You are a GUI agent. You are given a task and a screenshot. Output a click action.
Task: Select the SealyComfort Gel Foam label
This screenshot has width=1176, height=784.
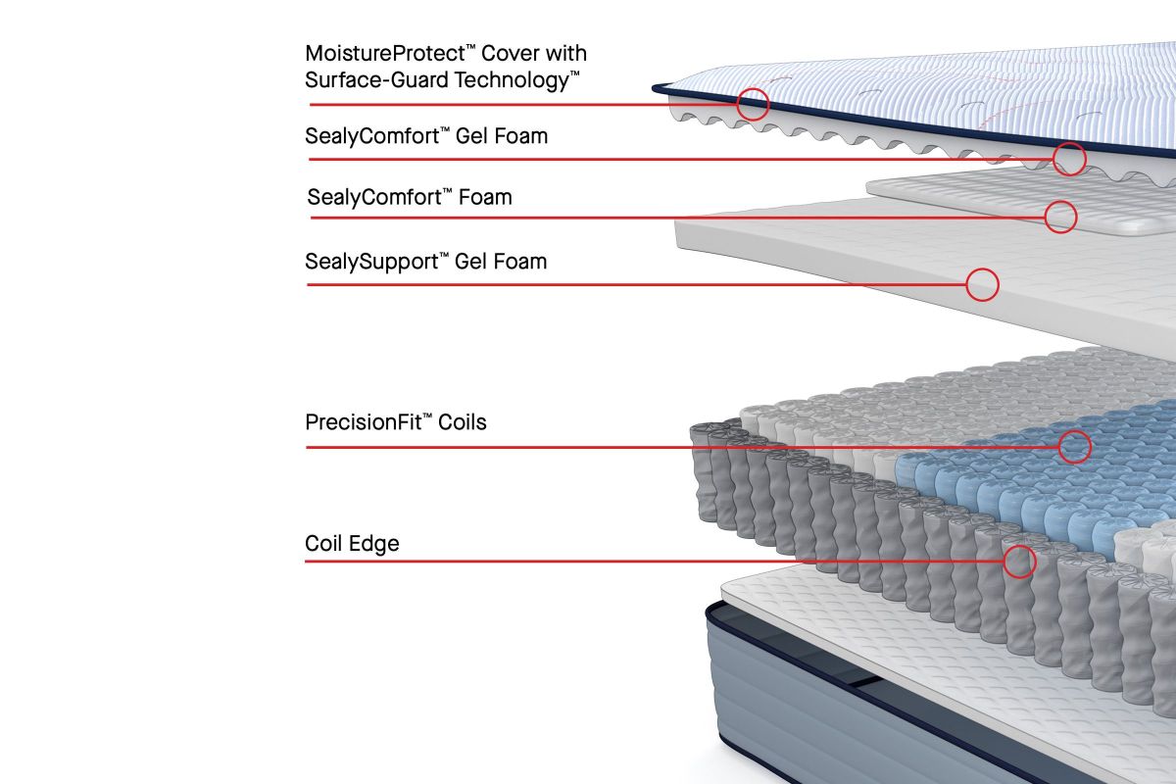(x=426, y=136)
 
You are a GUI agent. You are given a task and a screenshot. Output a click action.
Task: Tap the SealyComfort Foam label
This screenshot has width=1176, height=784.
(x=410, y=197)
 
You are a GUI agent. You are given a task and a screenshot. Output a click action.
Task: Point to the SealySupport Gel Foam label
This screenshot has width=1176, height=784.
(x=426, y=262)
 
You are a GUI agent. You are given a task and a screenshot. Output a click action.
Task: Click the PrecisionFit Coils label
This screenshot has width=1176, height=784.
(x=396, y=423)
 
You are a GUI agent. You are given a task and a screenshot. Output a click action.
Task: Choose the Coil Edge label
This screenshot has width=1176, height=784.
(x=352, y=543)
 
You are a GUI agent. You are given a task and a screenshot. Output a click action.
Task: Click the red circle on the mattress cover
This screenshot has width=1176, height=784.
(x=752, y=104)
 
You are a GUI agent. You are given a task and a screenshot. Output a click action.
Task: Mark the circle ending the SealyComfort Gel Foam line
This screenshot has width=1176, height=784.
(x=1069, y=159)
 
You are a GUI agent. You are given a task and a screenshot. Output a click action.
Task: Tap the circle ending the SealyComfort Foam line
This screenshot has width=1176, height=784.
(x=1060, y=217)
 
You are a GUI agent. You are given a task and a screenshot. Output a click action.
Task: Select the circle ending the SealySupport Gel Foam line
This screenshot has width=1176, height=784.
(x=982, y=284)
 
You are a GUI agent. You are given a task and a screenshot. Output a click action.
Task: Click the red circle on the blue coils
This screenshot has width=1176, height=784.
(x=1074, y=447)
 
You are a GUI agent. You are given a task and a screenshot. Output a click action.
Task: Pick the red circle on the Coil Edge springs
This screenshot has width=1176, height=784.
(x=1019, y=562)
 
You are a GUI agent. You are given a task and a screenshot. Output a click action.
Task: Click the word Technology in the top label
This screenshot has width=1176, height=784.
(x=517, y=80)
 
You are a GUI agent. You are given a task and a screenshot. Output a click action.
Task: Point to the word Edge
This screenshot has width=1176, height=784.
(x=375, y=543)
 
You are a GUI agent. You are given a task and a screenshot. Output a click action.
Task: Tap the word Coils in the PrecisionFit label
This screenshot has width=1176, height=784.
(x=463, y=423)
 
